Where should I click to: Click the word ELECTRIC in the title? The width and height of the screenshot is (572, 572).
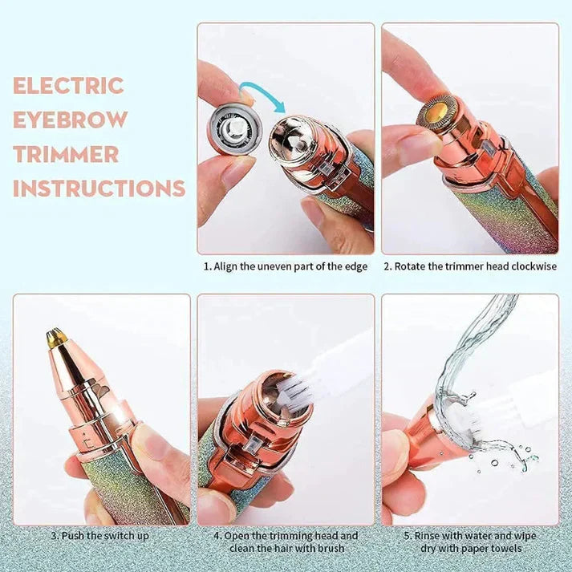68,86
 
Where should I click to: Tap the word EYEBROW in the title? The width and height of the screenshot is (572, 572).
71,120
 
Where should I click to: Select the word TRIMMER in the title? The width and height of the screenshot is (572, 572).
66,155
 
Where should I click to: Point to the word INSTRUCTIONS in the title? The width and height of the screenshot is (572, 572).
99,189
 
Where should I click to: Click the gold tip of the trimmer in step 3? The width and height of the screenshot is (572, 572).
55,337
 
